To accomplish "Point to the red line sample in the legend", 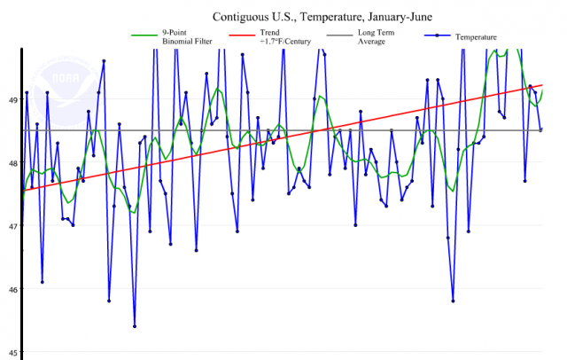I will click(x=237, y=37).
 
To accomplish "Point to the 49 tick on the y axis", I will click(x=13, y=100).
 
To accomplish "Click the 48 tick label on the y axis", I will click(x=13, y=163).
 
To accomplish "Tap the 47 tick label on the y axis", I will click(x=13, y=226).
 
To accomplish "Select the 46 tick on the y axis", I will click(x=13, y=289).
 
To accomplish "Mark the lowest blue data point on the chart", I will click(x=135, y=326).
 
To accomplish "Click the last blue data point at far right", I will click(x=541, y=129).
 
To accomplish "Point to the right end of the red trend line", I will click(x=542, y=85).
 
